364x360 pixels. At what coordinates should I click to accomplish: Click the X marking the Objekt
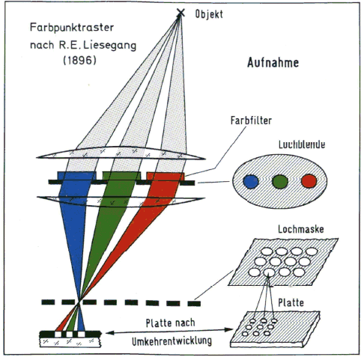[181, 13]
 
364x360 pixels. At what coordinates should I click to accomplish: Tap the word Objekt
[209, 14]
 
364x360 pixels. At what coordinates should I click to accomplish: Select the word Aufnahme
[273, 62]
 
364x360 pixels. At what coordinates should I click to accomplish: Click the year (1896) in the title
[79, 60]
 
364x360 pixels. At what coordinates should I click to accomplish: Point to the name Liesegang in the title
[109, 45]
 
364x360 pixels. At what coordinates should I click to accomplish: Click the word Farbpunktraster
[72, 28]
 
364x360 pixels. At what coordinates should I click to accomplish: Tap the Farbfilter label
[251, 120]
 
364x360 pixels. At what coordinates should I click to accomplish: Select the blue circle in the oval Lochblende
[251, 181]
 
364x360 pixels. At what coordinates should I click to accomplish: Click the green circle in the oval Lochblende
[280, 181]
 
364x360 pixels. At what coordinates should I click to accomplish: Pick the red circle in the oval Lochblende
[309, 181]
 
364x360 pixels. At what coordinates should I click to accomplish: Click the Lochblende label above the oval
[302, 144]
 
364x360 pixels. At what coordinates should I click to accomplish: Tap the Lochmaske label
[301, 229]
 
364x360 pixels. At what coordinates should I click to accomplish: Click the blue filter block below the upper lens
[76, 176]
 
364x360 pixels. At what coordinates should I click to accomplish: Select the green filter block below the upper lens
[121, 176]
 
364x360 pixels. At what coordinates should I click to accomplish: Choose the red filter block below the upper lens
[166, 176]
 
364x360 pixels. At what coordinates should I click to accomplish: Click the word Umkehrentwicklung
[172, 341]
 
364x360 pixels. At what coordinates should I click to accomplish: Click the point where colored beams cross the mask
[79, 302]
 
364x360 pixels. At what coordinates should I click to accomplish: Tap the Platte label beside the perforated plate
[291, 302]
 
